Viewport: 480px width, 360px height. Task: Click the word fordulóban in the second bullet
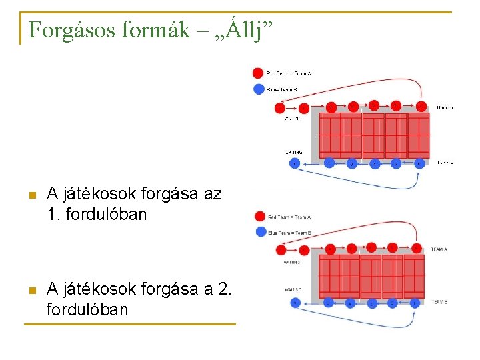pos(87,310)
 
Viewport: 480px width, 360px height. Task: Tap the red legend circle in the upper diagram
pos(258,73)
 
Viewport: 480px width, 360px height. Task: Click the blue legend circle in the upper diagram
pos(259,89)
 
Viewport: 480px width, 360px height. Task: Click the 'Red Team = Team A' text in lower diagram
pos(289,217)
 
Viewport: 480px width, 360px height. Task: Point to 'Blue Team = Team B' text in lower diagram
pos(289,233)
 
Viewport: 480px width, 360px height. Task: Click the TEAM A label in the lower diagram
pos(439,249)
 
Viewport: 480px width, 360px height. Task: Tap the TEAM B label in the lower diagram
pos(439,302)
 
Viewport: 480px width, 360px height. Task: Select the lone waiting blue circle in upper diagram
pos(293,163)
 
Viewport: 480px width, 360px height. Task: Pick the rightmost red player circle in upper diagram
pos(421,106)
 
